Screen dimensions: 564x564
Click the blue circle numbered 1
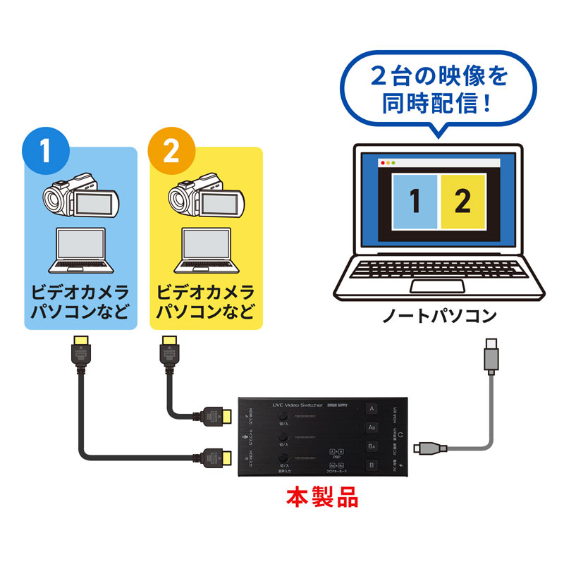pyautogui.click(x=47, y=152)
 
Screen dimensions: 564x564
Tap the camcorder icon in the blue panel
pyautogui.click(x=80, y=197)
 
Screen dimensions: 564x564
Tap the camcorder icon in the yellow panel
pyautogui.click(x=206, y=197)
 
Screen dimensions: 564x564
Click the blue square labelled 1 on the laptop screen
pyautogui.click(x=415, y=202)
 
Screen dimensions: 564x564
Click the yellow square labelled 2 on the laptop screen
pyautogui.click(x=462, y=202)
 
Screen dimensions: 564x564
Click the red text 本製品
pyautogui.click(x=321, y=499)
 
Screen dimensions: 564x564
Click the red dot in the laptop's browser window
pyautogui.click(x=383, y=163)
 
